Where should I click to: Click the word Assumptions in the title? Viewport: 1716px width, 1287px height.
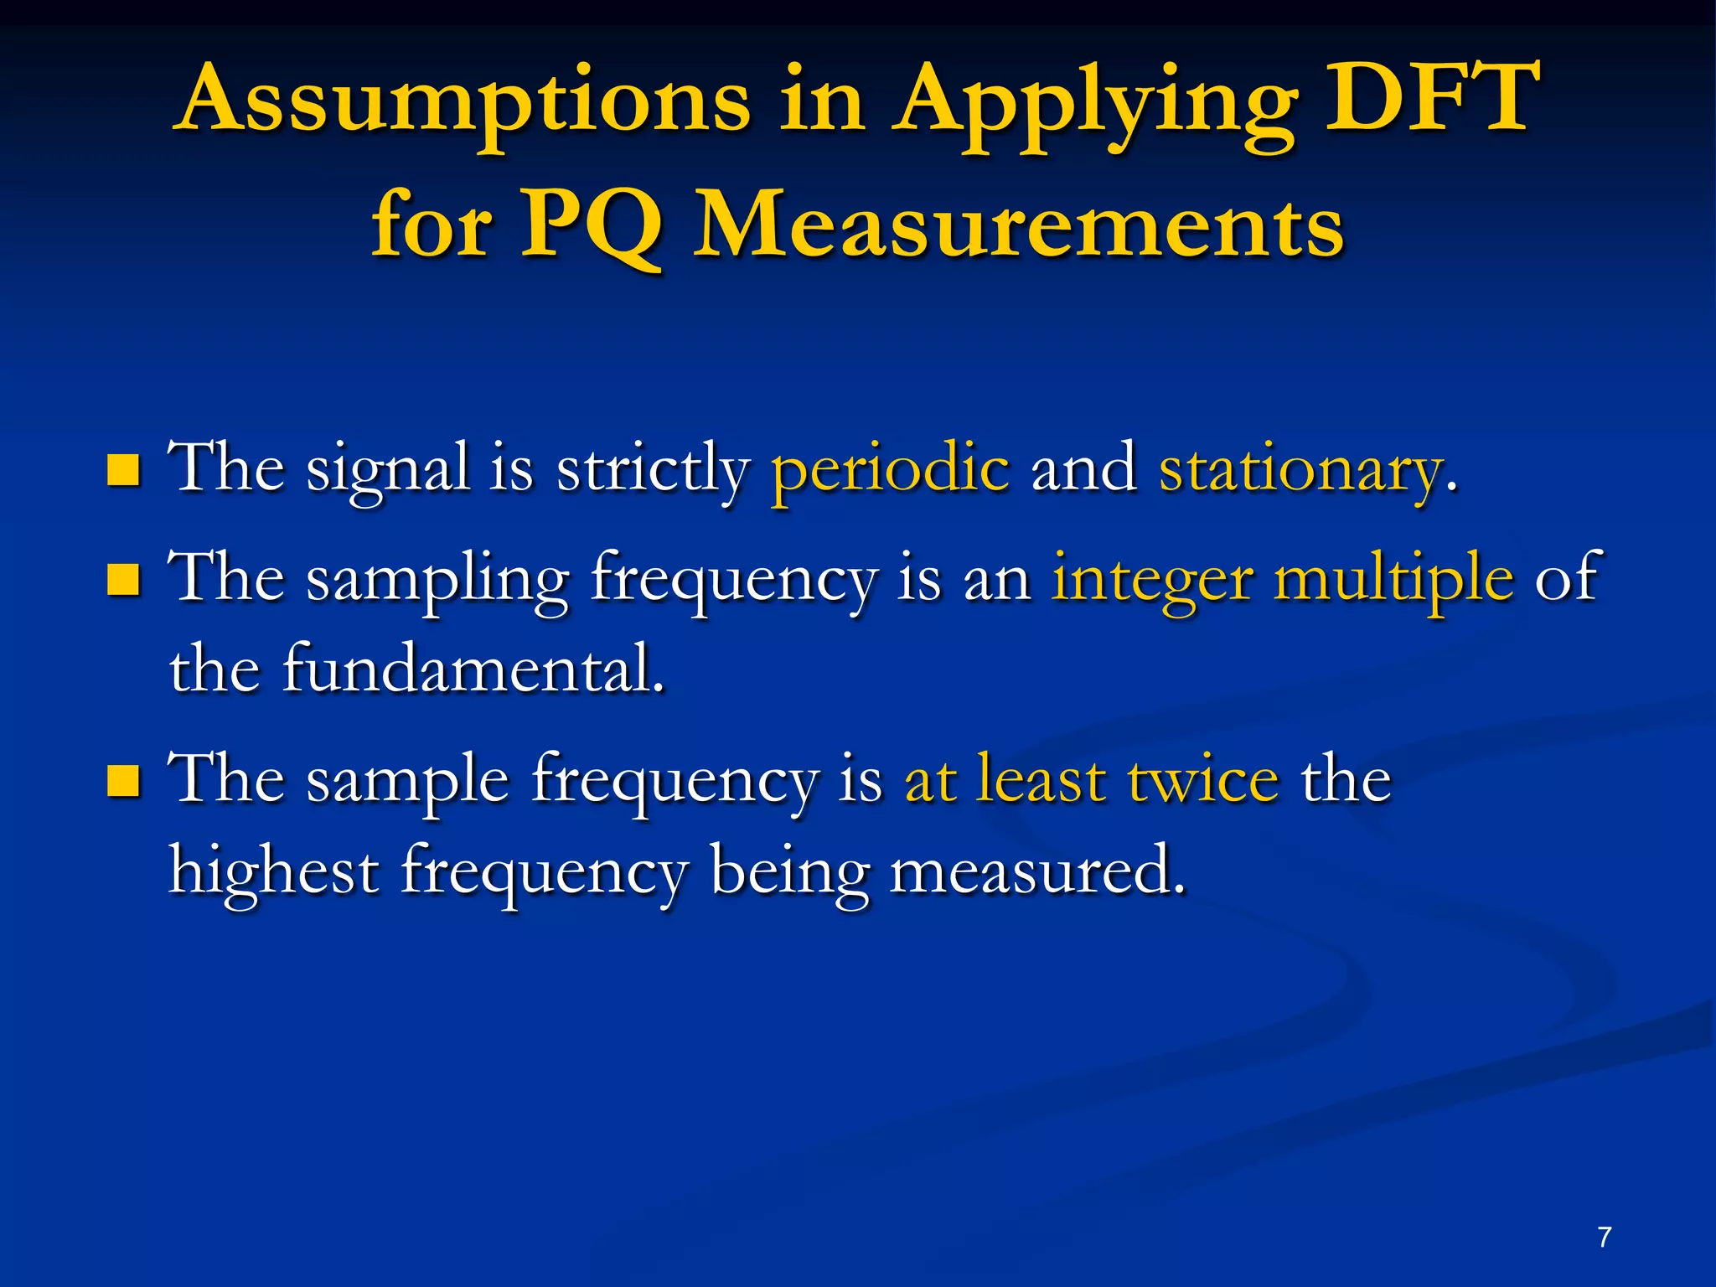[x=465, y=102]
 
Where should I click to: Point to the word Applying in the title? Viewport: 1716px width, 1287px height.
[x=1093, y=105]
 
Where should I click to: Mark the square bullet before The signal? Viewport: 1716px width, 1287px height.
[x=123, y=471]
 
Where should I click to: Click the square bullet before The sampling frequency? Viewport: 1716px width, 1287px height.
[x=123, y=579]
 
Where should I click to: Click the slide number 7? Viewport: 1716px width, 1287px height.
[x=1604, y=1238]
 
